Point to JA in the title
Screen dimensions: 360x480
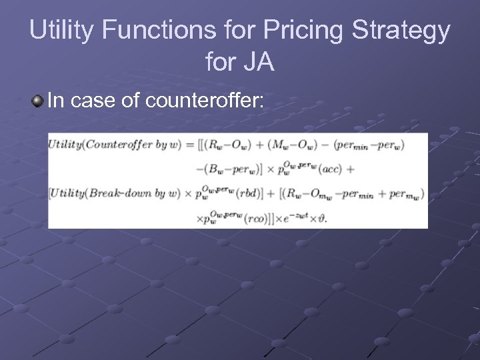259,62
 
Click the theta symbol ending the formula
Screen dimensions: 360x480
324,219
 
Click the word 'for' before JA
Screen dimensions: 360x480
220,62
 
